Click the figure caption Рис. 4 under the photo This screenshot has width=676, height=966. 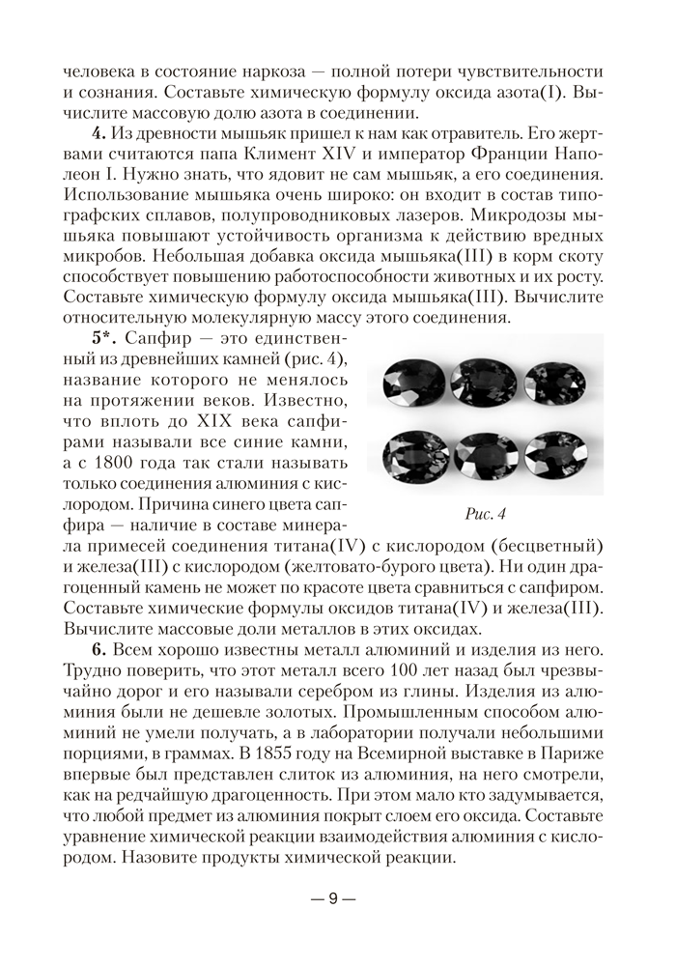point(486,512)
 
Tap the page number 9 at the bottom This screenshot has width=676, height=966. point(331,898)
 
